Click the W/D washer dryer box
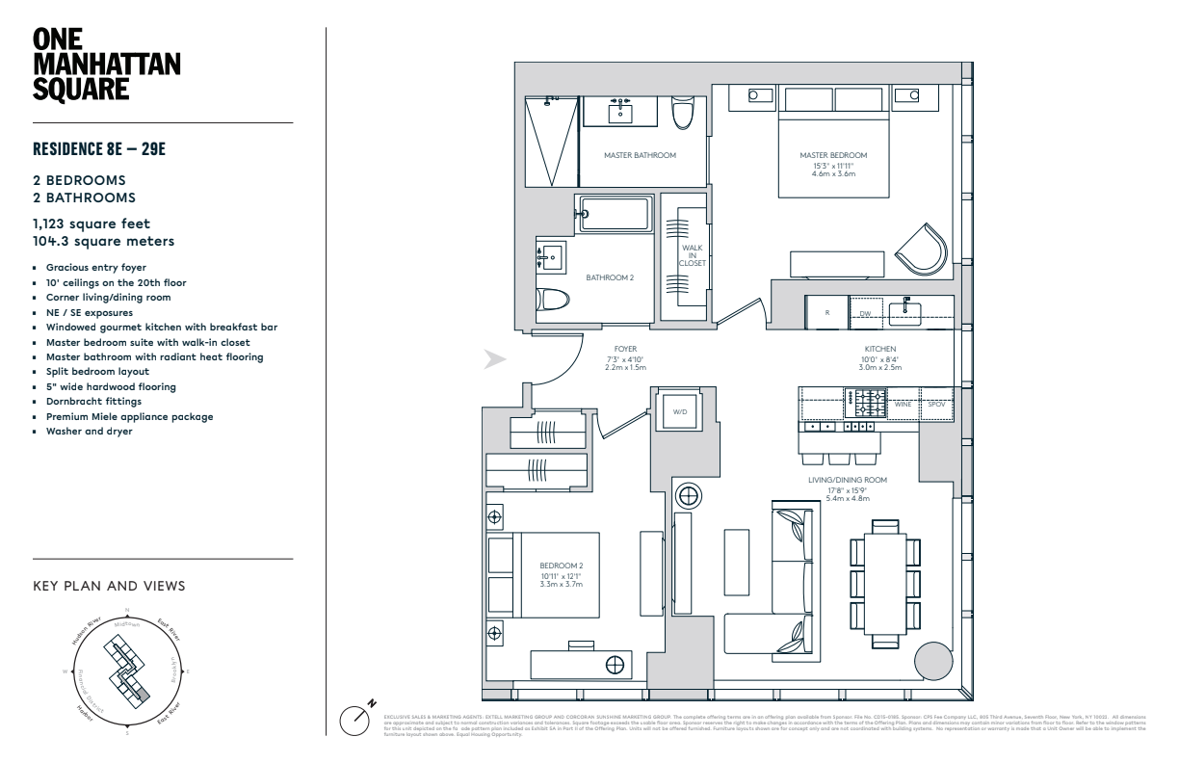(x=681, y=412)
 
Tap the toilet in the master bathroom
(x=683, y=115)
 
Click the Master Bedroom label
(x=833, y=155)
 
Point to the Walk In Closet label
(x=692, y=255)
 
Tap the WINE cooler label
(x=903, y=405)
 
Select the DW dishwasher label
(x=865, y=314)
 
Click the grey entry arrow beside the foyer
(x=495, y=360)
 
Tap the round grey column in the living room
(x=932, y=662)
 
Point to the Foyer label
(x=626, y=349)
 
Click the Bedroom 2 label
(x=562, y=566)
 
